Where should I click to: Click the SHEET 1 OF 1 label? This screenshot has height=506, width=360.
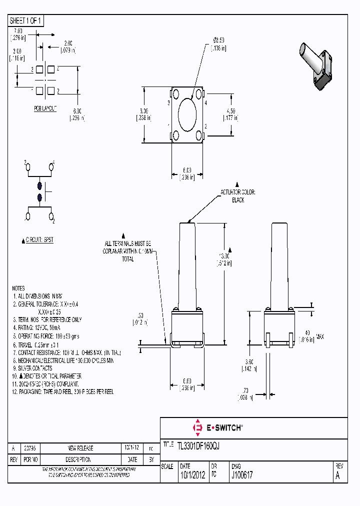tap(26, 20)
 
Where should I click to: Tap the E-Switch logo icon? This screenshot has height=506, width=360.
tap(196, 427)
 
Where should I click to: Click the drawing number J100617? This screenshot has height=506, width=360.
tap(241, 475)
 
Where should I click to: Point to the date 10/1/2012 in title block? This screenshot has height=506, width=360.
tap(192, 475)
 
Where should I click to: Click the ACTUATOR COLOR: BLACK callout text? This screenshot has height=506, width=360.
tap(238, 196)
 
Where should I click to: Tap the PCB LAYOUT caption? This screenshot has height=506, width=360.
tap(45, 108)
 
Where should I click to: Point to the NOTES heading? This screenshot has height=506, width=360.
tap(18, 288)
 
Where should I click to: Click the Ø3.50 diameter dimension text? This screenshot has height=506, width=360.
tap(218, 41)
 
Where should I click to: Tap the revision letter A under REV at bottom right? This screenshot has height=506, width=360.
tap(337, 475)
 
